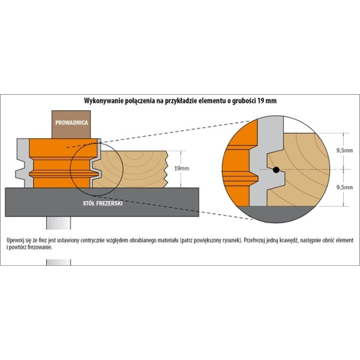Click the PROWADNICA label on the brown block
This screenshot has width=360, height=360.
[71, 122]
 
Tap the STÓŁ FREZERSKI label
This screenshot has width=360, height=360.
[103, 203]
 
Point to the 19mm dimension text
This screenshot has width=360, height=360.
[182, 168]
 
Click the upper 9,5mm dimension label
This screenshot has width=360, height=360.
[344, 151]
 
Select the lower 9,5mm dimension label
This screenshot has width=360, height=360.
[344, 187]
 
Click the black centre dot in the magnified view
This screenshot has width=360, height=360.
[276, 170]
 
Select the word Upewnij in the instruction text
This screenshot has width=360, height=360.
[14, 241]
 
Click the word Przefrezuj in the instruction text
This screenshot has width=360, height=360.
[254, 241]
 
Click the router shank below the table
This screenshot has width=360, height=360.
[59, 223]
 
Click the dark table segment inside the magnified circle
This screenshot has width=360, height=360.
[276, 214]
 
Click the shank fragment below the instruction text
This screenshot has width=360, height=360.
[59, 262]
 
